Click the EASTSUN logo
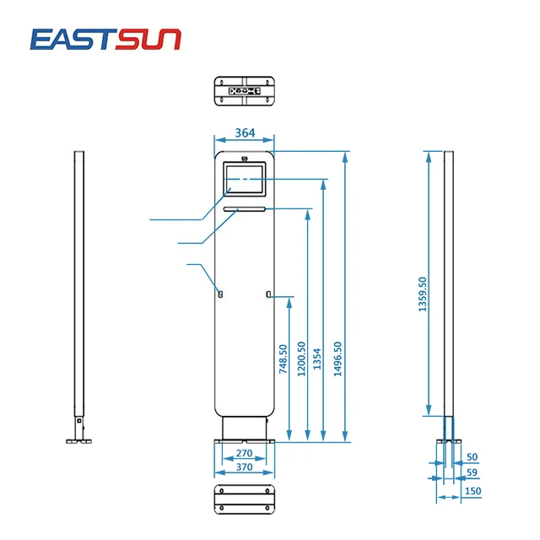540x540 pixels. coord(105,38)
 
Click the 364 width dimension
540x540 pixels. coord(245,133)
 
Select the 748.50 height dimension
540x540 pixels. coord(283,359)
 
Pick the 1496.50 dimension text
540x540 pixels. coord(337,359)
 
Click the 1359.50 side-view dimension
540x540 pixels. coord(423,295)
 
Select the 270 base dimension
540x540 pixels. coord(245,454)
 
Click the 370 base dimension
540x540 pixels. coord(245,467)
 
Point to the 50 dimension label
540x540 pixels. coord(472,456)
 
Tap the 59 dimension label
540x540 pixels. coord(472,472)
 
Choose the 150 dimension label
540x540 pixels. coord(472,491)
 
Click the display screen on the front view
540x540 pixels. coord(245,180)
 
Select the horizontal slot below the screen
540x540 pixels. coord(245,208)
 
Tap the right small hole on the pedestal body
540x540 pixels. coord(267,294)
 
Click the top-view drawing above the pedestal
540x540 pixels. coord(245,91)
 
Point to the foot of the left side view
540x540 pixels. coord(79,438)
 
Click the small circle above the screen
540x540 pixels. coord(245,158)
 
